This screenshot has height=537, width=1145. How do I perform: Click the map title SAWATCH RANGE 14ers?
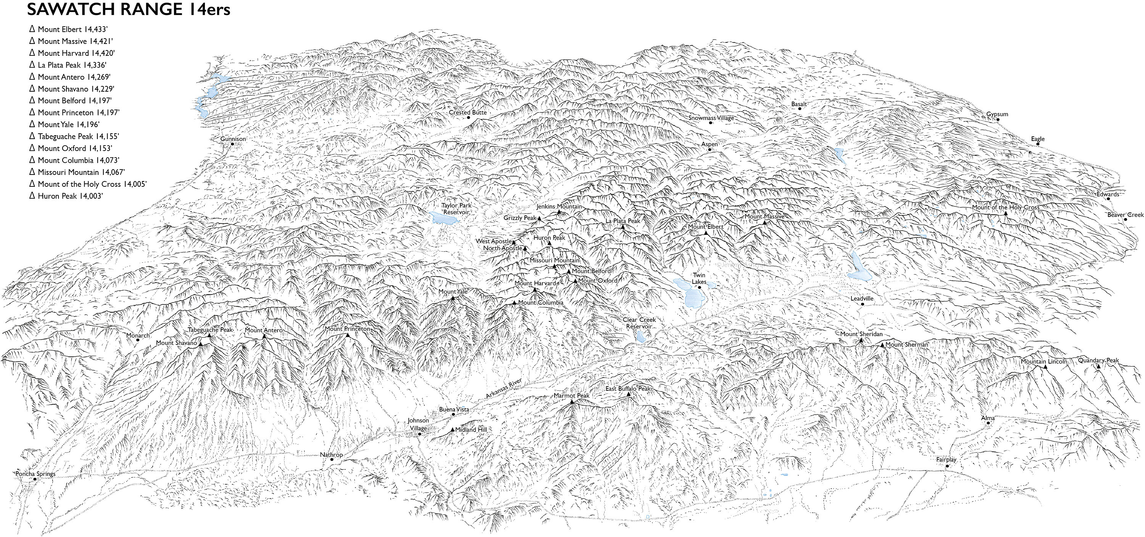[x=129, y=9]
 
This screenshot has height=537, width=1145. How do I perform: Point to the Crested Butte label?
[x=467, y=113]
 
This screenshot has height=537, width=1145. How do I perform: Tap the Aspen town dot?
[x=710, y=149]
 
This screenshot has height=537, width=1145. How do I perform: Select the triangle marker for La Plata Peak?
[x=623, y=227]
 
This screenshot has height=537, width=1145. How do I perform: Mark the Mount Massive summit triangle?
[x=764, y=222]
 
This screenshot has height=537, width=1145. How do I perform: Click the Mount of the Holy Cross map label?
[x=1005, y=207]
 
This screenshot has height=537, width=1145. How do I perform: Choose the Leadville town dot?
[x=862, y=304]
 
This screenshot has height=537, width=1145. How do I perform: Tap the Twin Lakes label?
[x=699, y=278]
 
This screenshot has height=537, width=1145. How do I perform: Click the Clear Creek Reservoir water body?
[x=641, y=337]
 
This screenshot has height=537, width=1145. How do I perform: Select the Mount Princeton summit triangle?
[x=348, y=335]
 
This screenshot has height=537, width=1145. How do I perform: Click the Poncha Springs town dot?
[x=35, y=479]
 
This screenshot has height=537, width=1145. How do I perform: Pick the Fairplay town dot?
[x=947, y=466]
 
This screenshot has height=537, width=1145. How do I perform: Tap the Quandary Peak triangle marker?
[x=1098, y=367]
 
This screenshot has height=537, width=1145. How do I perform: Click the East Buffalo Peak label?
[x=627, y=389]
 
